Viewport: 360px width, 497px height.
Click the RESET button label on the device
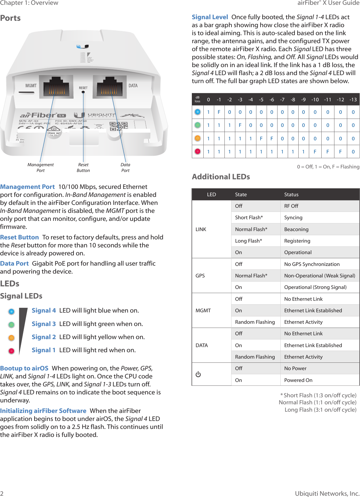(83, 88)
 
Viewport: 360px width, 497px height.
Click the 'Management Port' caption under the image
(41, 167)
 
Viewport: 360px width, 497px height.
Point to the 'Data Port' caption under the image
(125, 167)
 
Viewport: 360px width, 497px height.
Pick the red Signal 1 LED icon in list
(12, 351)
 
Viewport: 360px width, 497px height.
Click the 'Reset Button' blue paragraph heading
(20, 237)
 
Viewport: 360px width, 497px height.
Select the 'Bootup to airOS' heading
(24, 368)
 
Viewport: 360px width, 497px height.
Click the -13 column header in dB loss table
(353, 100)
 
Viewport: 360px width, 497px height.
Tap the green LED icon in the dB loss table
(198, 125)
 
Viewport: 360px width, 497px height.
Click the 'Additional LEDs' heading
(221, 177)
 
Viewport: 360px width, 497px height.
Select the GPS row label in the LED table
(200, 276)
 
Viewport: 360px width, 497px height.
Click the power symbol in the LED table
(198, 374)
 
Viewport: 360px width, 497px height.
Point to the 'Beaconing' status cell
(296, 229)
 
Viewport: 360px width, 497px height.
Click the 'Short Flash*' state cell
(249, 217)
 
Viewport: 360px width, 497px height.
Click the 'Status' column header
(291, 194)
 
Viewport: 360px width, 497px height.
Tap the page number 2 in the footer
(2, 493)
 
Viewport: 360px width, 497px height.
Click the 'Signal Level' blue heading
(210, 17)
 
